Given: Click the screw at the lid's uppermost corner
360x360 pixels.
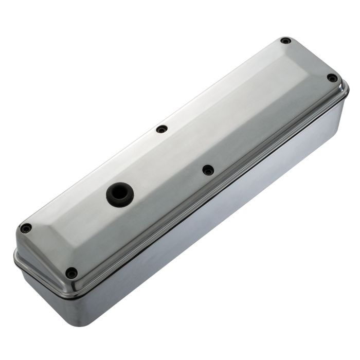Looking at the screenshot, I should pyautogui.click(x=285, y=41).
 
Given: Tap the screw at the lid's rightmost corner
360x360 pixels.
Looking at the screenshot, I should pyautogui.click(x=332, y=78).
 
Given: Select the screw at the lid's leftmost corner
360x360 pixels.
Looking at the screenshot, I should pyautogui.click(x=26, y=228).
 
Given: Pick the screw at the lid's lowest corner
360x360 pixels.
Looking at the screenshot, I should pyautogui.click(x=71, y=273).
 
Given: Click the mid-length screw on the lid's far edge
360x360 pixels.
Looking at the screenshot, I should pyautogui.click(x=161, y=129).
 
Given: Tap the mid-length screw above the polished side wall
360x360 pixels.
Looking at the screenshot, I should pyautogui.click(x=208, y=170).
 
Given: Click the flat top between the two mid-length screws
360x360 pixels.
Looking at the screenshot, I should pyautogui.click(x=185, y=149).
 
